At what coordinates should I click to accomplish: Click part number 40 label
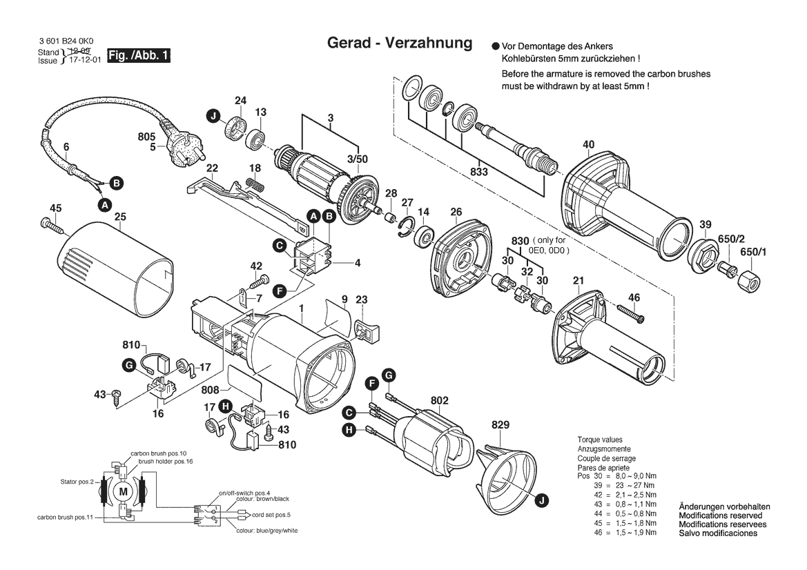[x=588, y=145]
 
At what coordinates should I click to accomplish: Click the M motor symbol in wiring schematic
[x=124, y=491]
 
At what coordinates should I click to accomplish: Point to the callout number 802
[x=440, y=400]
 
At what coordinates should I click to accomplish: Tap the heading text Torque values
[x=599, y=440]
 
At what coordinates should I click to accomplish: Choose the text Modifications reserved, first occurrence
[x=721, y=515]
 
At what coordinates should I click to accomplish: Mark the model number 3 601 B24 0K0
[x=67, y=43]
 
